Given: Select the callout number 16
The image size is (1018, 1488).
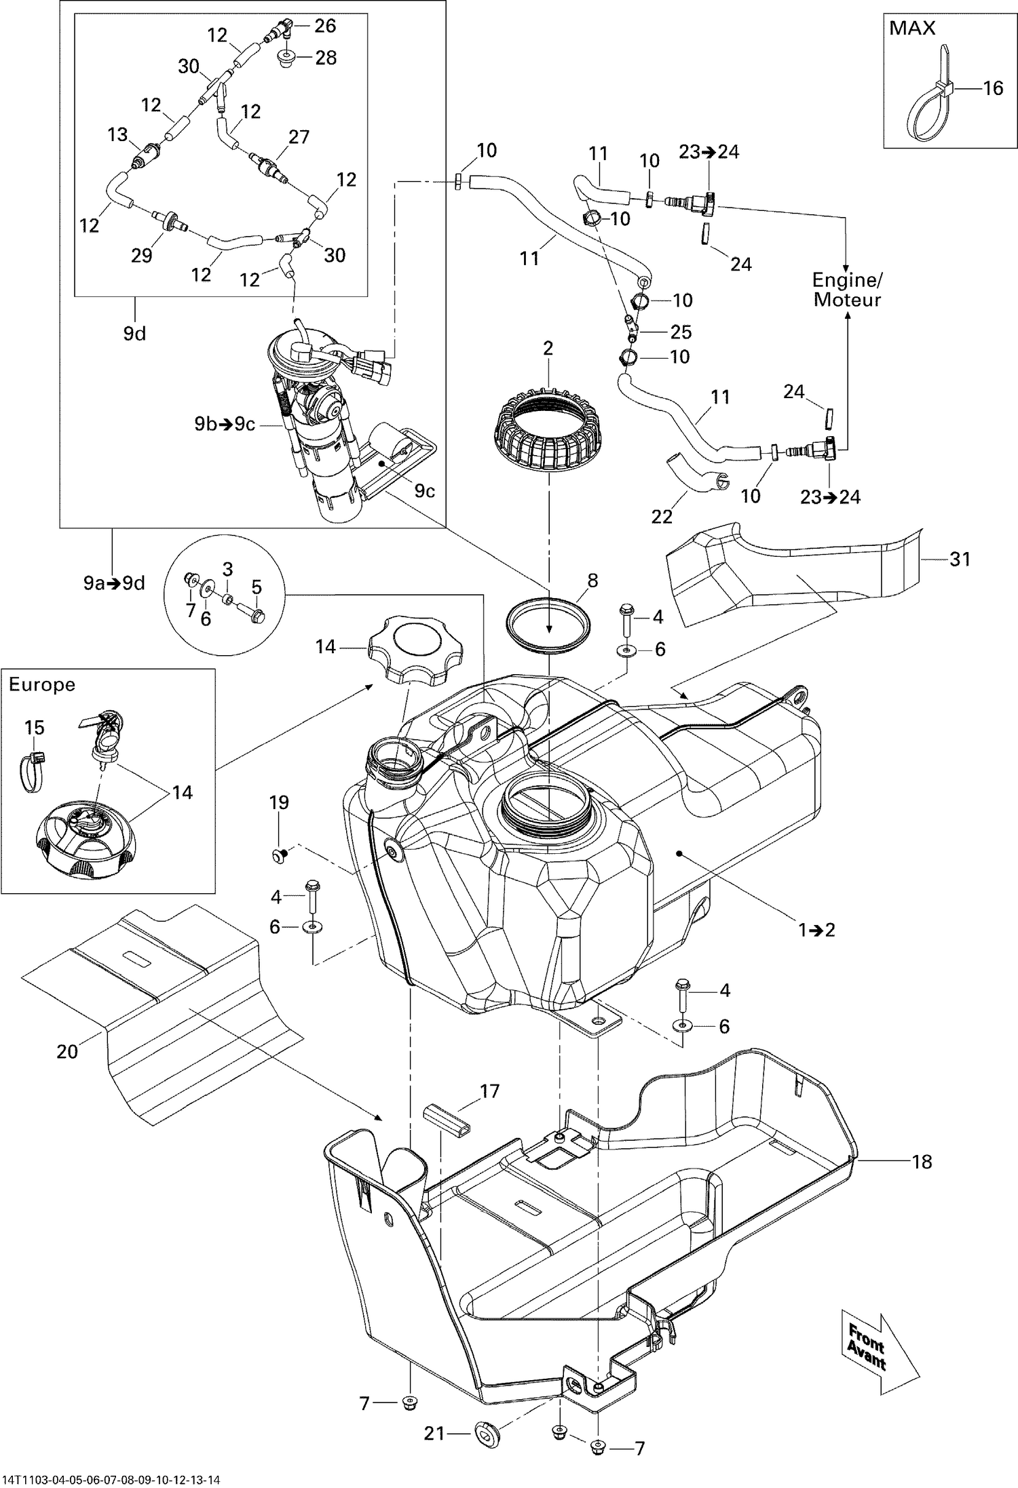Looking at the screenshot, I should click(992, 88).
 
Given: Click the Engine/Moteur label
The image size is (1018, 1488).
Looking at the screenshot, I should click(846, 290).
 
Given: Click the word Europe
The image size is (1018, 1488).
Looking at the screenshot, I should click(42, 684).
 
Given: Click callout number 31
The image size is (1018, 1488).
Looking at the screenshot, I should click(960, 560).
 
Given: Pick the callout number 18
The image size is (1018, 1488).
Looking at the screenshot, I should click(922, 1161).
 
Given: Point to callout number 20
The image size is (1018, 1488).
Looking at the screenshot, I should click(68, 1051).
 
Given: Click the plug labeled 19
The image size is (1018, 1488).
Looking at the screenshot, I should click(278, 855).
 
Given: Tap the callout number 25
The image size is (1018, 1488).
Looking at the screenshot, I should click(681, 332).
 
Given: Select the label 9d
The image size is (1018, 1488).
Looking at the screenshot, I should click(134, 334).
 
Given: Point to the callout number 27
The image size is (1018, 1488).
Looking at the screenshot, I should click(299, 136).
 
